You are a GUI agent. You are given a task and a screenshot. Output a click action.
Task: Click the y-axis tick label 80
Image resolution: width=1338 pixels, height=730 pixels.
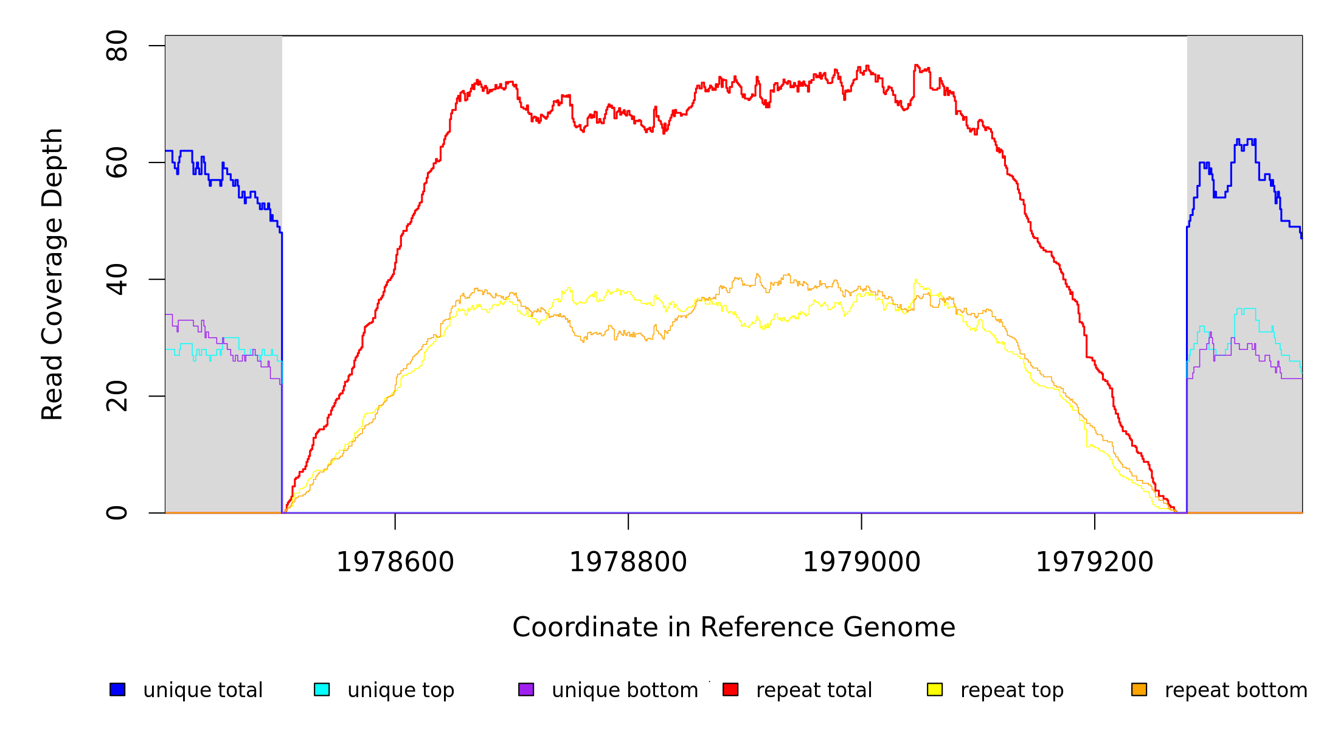coord(117,46)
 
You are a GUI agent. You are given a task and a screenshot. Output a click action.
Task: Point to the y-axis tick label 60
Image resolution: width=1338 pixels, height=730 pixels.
coord(117,162)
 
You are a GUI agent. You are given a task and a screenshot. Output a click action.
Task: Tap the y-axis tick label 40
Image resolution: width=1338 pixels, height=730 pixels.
coord(117,279)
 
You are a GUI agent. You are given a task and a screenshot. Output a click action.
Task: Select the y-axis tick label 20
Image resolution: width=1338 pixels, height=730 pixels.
coord(117,396)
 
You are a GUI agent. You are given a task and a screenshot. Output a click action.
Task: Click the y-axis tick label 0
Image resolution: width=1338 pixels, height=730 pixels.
coord(117,513)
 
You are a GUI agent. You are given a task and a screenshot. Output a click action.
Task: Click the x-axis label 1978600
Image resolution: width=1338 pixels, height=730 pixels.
coord(395,562)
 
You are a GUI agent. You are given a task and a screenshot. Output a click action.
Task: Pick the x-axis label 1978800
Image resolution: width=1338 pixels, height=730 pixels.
coord(628,562)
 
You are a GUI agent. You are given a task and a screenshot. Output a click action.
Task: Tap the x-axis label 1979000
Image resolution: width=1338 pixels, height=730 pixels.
coord(862,562)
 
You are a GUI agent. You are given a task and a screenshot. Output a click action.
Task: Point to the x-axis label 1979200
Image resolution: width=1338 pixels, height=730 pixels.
coord(1095,562)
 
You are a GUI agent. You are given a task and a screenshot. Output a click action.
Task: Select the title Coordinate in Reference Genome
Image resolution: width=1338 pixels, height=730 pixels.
coord(733,627)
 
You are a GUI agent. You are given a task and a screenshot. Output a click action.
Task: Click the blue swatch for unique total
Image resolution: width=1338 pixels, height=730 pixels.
coord(117,689)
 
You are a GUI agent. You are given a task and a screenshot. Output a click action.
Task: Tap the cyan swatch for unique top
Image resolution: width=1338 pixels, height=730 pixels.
coord(322,689)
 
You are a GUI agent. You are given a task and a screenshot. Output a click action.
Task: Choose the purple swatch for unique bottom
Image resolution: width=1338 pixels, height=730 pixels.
coord(526,689)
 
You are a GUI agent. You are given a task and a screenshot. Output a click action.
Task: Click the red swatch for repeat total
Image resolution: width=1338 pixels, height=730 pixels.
coord(730,689)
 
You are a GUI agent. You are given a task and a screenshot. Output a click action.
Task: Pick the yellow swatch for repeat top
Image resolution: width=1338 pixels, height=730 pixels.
coord(935,689)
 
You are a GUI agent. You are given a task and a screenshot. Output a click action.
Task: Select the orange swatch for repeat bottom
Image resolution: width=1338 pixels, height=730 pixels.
coord(1139,689)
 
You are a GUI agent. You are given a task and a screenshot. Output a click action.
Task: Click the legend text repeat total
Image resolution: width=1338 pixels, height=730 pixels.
coord(814,690)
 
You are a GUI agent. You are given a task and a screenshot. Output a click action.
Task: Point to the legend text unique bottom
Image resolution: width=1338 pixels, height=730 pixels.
coord(625,690)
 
